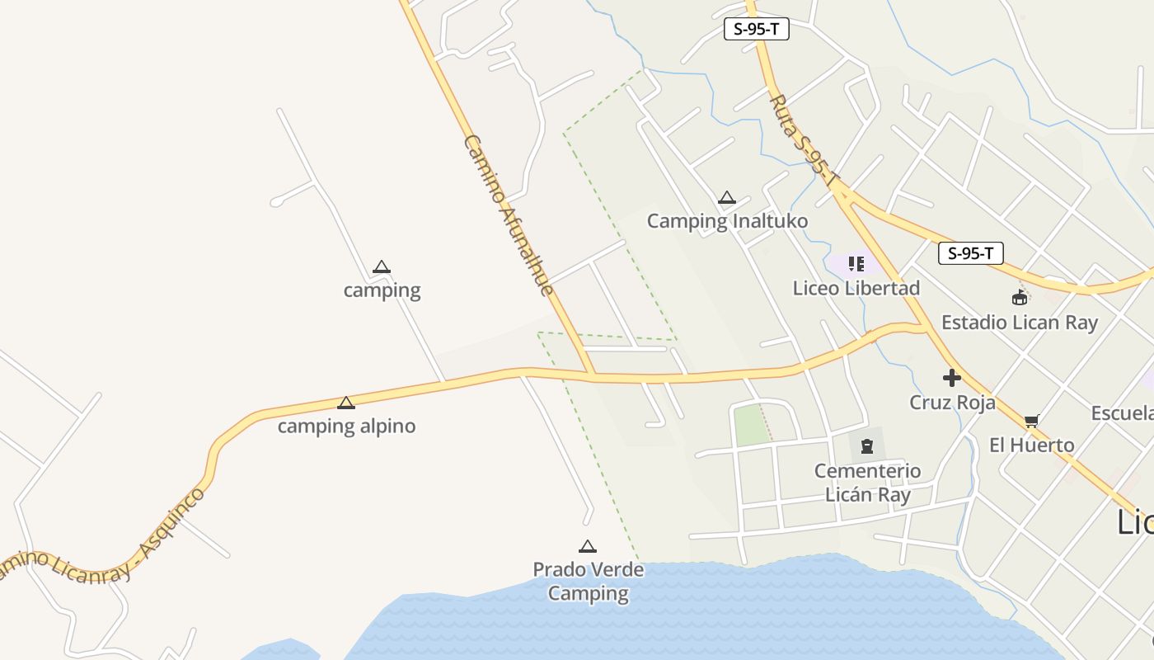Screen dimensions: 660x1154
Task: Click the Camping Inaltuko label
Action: (727, 221)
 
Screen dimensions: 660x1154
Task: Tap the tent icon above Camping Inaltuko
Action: (726, 198)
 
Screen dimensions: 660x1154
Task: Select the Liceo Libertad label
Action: (856, 289)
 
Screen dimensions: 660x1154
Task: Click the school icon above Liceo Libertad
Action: (856, 264)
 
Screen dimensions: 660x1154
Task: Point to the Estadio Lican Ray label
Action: (1020, 323)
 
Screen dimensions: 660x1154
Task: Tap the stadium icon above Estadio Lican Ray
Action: (1020, 297)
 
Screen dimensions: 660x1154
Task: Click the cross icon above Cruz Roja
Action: (952, 378)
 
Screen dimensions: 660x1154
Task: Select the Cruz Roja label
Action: (952, 403)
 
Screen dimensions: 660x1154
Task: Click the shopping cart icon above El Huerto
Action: (1031, 422)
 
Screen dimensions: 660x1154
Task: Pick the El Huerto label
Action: (1031, 445)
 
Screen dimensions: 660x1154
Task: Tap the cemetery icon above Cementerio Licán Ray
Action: (867, 446)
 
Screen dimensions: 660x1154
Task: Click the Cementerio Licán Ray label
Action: (868, 483)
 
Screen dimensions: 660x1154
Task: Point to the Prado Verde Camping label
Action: (589, 582)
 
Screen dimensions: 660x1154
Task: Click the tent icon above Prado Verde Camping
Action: (587, 546)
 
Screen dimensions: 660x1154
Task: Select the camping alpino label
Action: (346, 427)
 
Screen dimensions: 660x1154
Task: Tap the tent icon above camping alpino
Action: (346, 403)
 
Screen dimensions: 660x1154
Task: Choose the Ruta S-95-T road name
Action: (805, 140)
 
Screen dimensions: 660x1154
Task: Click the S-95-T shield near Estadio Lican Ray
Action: (970, 253)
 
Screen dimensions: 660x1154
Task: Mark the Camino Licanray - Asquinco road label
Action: (99, 544)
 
